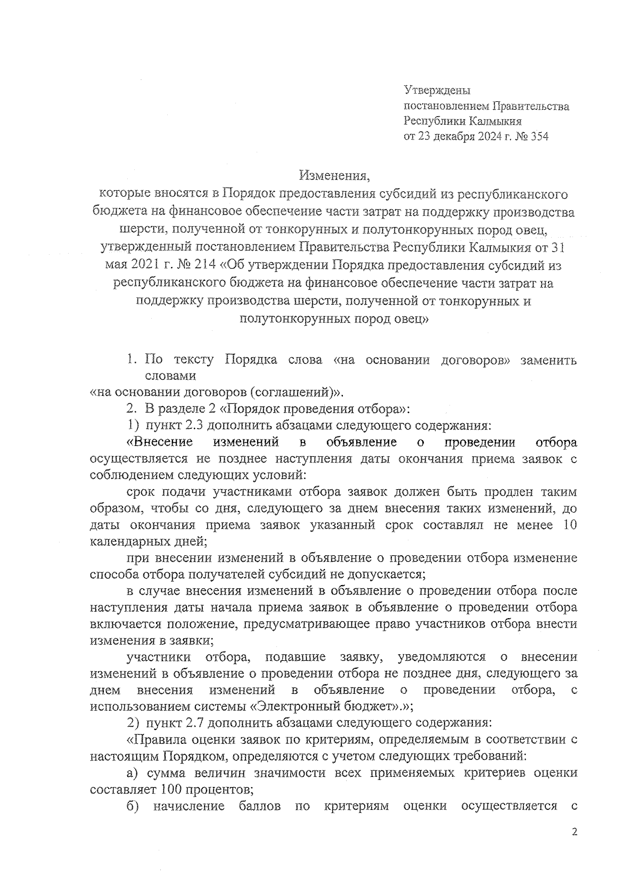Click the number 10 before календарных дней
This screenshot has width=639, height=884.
[569, 525]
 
